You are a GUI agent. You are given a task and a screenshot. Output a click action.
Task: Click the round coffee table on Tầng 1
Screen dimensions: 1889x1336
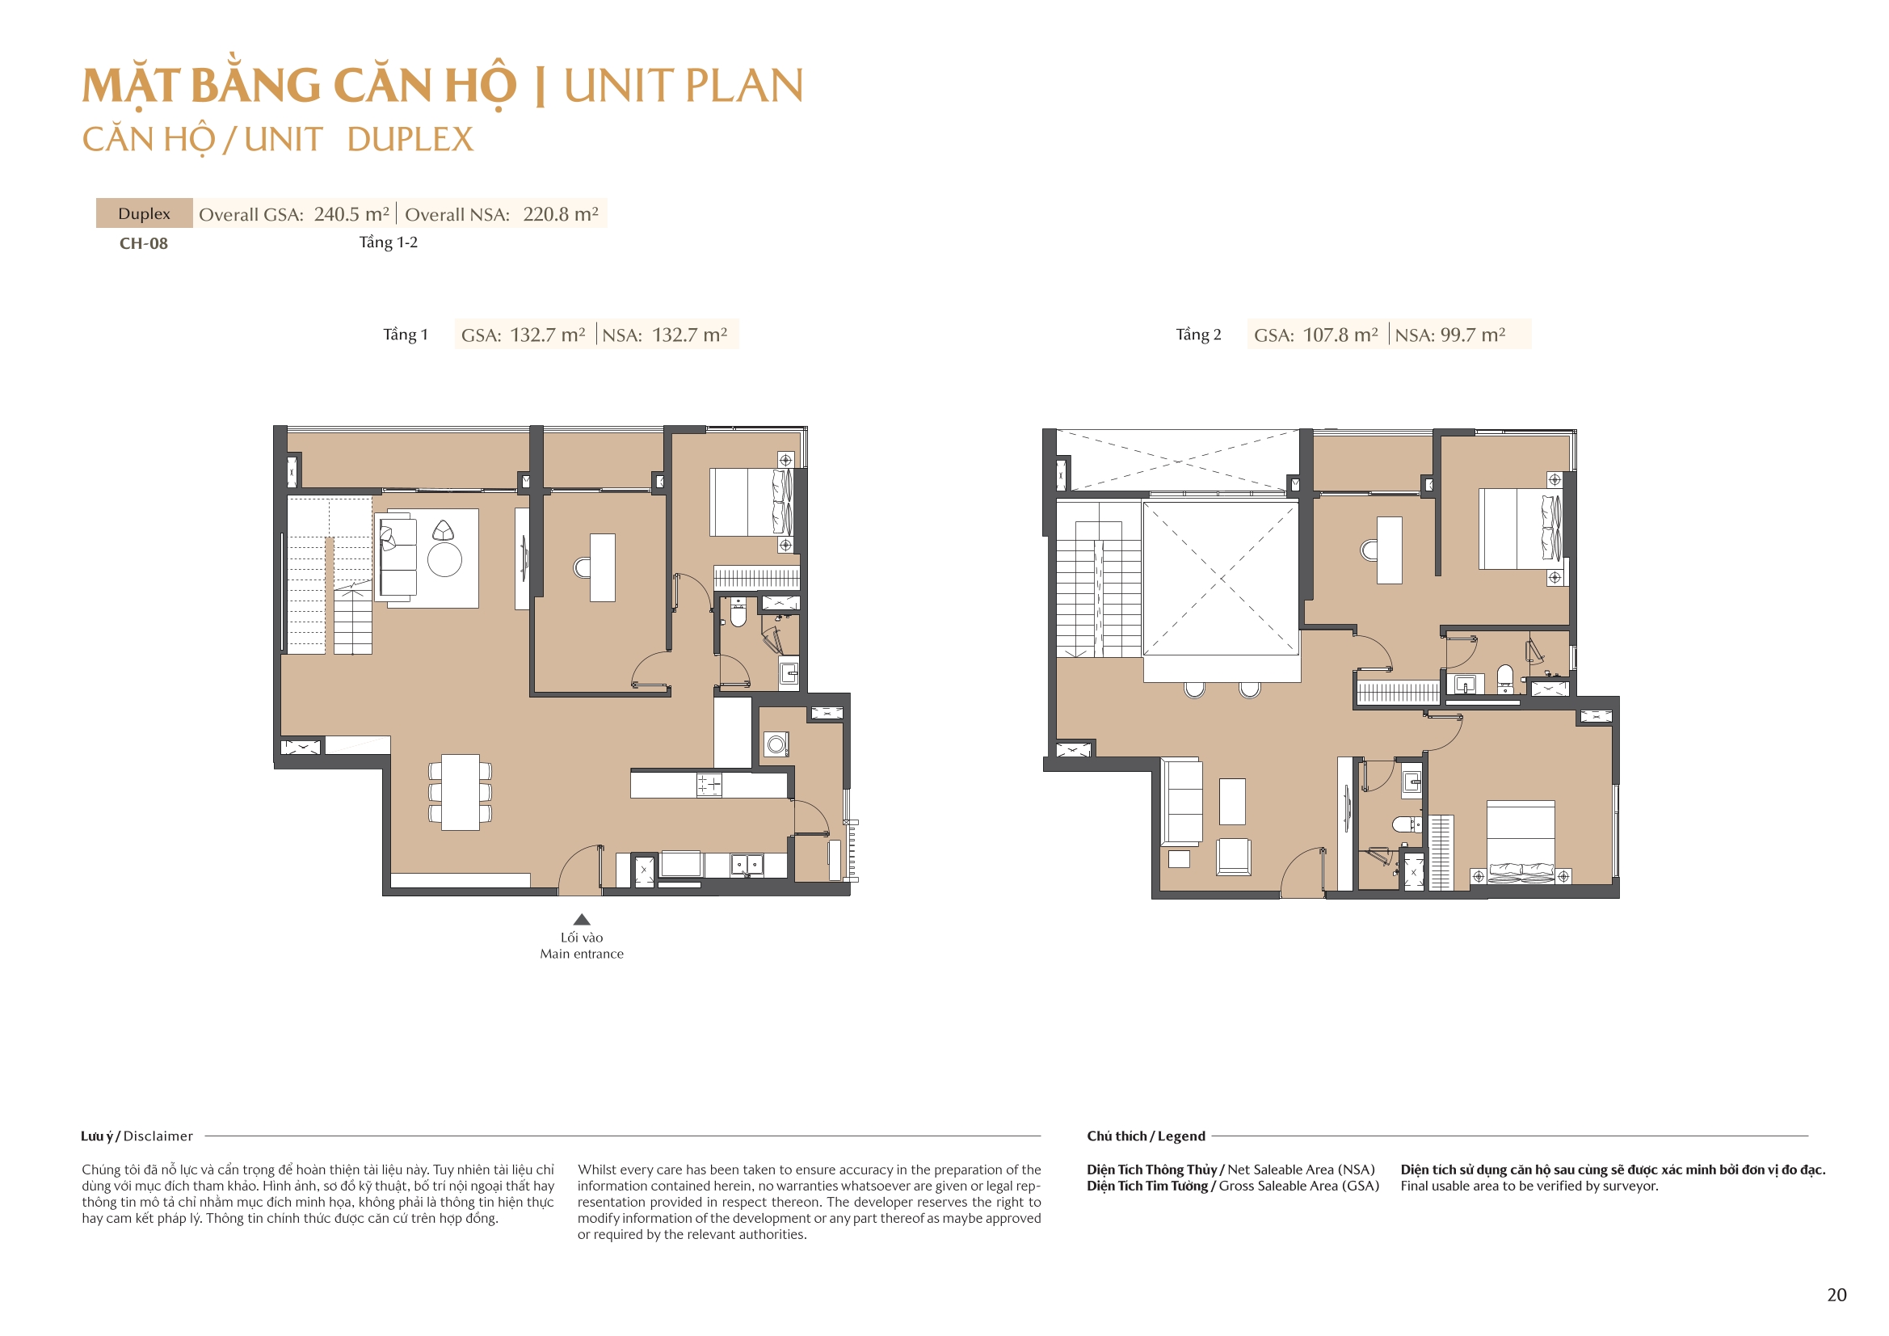444,561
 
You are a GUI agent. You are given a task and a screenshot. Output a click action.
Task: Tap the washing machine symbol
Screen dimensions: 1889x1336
776,745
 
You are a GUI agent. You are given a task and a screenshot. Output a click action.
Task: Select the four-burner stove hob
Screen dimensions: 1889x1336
709,785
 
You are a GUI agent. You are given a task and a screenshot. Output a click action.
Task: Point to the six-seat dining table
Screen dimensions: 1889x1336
460,792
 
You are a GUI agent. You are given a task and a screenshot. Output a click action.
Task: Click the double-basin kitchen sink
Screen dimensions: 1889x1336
747,864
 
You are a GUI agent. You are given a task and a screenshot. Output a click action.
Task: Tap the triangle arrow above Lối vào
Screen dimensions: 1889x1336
582,920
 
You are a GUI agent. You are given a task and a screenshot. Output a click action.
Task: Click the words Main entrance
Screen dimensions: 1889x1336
582,954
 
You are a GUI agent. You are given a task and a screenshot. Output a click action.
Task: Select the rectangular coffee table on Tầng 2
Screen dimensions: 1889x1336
1231,801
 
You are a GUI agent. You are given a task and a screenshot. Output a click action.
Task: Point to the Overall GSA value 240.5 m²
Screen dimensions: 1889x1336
351,214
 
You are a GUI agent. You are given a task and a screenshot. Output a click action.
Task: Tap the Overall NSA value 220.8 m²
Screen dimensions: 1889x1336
561,214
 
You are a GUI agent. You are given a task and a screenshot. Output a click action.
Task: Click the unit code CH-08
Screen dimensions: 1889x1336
144,243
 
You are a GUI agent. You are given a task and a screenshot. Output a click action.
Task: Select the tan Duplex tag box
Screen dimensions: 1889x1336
145,213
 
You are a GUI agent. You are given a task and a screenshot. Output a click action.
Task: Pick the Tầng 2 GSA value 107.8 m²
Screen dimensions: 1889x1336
1340,335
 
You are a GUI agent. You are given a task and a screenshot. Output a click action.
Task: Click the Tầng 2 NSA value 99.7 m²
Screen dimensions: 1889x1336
1473,335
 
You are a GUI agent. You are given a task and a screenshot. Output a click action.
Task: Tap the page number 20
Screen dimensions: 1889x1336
1836,1295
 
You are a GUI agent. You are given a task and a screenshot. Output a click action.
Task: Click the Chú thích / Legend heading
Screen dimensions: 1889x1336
1146,1136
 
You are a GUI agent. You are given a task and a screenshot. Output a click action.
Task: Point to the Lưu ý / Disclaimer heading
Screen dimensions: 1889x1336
137,1136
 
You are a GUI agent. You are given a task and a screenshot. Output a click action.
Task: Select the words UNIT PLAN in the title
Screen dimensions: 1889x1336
684,86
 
